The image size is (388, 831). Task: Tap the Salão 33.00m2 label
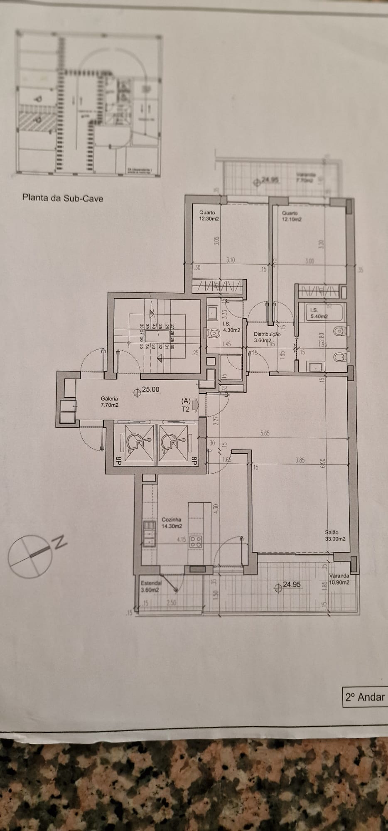(336, 536)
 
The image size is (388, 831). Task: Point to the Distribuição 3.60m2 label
(267, 337)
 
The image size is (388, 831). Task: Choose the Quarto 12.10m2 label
(292, 216)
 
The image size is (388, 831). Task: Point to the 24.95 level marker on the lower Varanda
(291, 585)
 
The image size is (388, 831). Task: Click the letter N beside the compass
(60, 543)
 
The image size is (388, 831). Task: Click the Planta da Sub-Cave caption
(63, 198)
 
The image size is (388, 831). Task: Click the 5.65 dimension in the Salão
(265, 433)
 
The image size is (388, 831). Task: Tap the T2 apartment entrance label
(186, 408)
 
